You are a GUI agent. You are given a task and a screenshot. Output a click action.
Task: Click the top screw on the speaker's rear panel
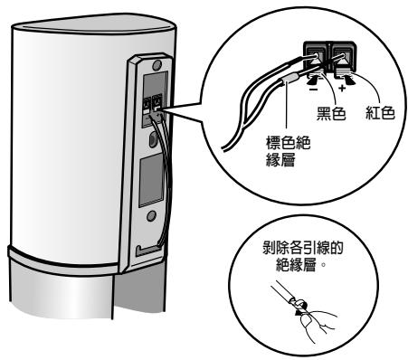click(157, 66)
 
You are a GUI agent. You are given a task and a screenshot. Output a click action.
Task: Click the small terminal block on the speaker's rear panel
click(156, 106)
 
